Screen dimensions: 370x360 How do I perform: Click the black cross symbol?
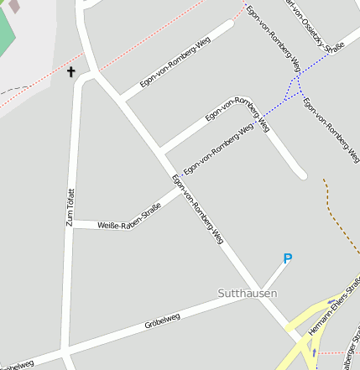point(71,72)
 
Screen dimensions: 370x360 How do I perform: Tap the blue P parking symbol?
point(287,259)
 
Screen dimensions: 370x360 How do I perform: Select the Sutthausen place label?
point(247,294)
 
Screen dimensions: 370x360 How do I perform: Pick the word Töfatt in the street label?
point(70,197)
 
